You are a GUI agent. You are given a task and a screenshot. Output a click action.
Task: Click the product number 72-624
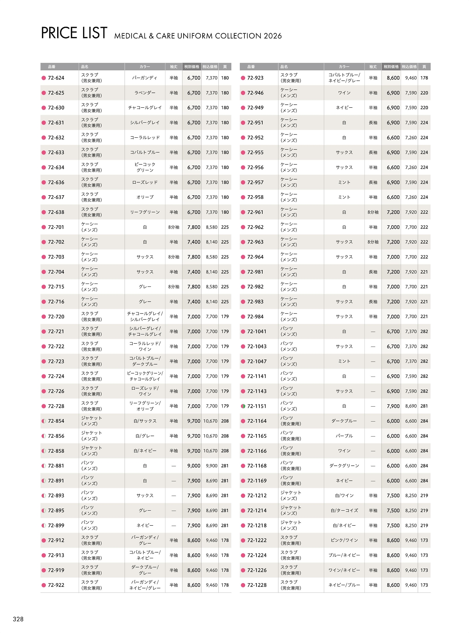[x=56, y=78]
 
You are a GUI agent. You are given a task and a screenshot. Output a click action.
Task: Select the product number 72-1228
[x=257, y=585]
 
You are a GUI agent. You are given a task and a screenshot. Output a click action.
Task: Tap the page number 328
[x=18, y=619]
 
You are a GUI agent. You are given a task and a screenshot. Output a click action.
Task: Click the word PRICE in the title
[x=59, y=33]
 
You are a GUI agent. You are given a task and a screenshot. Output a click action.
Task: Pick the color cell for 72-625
[x=145, y=93]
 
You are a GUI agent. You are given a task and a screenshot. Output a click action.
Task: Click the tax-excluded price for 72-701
[x=194, y=227]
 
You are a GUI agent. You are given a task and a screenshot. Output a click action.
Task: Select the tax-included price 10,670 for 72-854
[x=210, y=421]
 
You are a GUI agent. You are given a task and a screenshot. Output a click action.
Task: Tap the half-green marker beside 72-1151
[x=243, y=406]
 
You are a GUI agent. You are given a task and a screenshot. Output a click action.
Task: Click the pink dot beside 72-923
[x=243, y=78]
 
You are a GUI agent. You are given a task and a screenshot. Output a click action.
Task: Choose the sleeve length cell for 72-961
[x=373, y=212]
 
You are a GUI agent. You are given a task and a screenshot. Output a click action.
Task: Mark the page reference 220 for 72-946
[x=424, y=93]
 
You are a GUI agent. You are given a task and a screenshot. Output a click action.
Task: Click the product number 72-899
[x=56, y=525]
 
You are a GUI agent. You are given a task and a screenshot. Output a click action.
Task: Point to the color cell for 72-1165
[x=344, y=436]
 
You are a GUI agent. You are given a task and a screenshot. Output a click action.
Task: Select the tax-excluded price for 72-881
[x=194, y=466]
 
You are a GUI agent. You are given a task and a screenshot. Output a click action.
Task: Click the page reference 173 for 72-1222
[x=424, y=540]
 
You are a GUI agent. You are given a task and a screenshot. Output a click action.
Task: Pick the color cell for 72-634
[x=145, y=167]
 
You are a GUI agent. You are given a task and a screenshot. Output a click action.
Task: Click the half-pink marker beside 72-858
[x=44, y=451]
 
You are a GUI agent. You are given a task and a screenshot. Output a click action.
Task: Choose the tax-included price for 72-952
[x=411, y=138]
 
